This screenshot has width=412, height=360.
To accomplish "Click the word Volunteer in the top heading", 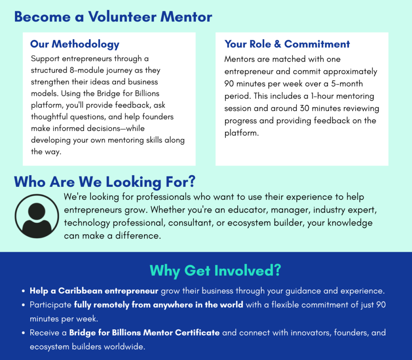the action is pyautogui.click(x=122, y=17).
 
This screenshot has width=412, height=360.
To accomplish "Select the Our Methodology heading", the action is pyautogui.click(x=74, y=44).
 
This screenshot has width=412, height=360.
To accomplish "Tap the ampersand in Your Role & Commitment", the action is pyautogui.click(x=278, y=44).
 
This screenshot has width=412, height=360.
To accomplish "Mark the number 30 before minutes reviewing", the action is pyautogui.click(x=305, y=108).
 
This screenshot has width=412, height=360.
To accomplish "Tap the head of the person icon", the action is pyautogui.click(x=37, y=211).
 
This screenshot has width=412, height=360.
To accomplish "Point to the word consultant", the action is pyautogui.click(x=191, y=223).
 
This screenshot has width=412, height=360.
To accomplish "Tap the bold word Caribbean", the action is pyautogui.click(x=80, y=291).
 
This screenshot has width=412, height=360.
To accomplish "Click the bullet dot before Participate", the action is pyautogui.click(x=23, y=305).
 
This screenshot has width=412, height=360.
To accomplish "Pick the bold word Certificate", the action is pyautogui.click(x=197, y=333).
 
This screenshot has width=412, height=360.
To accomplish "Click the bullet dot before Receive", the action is pyautogui.click(x=23, y=333).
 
